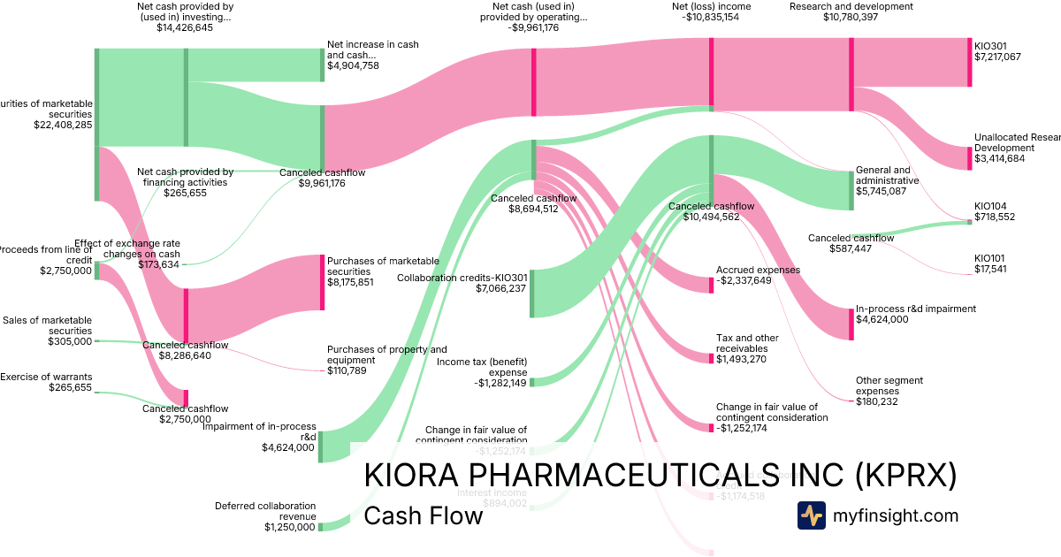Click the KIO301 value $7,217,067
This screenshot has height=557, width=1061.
pos(997,57)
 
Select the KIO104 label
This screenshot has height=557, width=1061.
pos(990,205)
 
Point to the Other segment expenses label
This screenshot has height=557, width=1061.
pos(889,385)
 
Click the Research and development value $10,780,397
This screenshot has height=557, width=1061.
pos(851,17)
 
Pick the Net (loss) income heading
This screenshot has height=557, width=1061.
pos(711,6)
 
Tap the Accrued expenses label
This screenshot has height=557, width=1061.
pos(758,270)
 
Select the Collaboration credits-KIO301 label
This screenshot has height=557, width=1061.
pos(462,278)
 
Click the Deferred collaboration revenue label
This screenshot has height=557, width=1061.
pos(264,511)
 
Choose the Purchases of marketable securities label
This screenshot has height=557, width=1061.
pos(383,266)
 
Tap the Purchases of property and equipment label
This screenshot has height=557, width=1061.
pos(386,355)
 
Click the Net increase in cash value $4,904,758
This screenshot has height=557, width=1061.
pos(353,65)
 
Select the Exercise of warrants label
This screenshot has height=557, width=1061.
pos(46,377)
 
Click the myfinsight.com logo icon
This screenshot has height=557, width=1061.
pos(811,515)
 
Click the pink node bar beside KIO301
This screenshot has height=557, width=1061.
pos(969,62)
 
